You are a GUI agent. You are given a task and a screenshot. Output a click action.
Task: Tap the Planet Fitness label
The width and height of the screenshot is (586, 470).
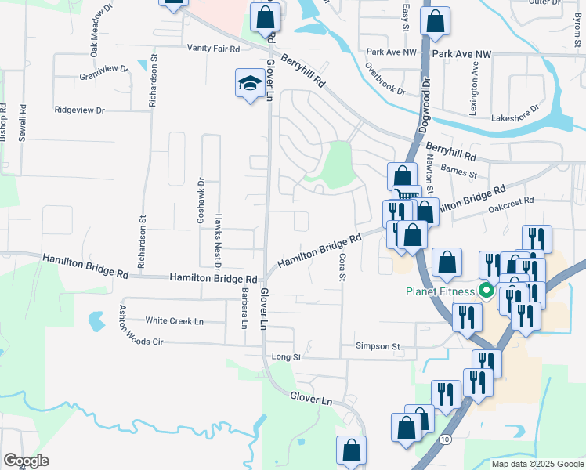(441, 292)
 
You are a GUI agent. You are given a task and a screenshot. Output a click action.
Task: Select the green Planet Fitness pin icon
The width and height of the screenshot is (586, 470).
(486, 292)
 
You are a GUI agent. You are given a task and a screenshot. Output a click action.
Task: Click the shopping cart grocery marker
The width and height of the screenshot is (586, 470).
(407, 196)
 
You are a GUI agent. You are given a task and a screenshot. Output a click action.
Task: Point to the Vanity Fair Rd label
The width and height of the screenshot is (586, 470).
(213, 48)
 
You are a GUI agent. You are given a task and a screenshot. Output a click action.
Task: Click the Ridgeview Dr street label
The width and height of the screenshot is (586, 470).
(79, 110)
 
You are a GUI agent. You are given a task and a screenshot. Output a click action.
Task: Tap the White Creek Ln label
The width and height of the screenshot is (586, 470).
(174, 320)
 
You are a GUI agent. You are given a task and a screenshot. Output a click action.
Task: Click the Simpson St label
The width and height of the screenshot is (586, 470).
(378, 345)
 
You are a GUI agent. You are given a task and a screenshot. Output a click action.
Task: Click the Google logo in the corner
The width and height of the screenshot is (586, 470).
(26, 461)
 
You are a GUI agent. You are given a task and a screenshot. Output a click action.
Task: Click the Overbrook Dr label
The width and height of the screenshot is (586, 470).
(385, 78)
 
